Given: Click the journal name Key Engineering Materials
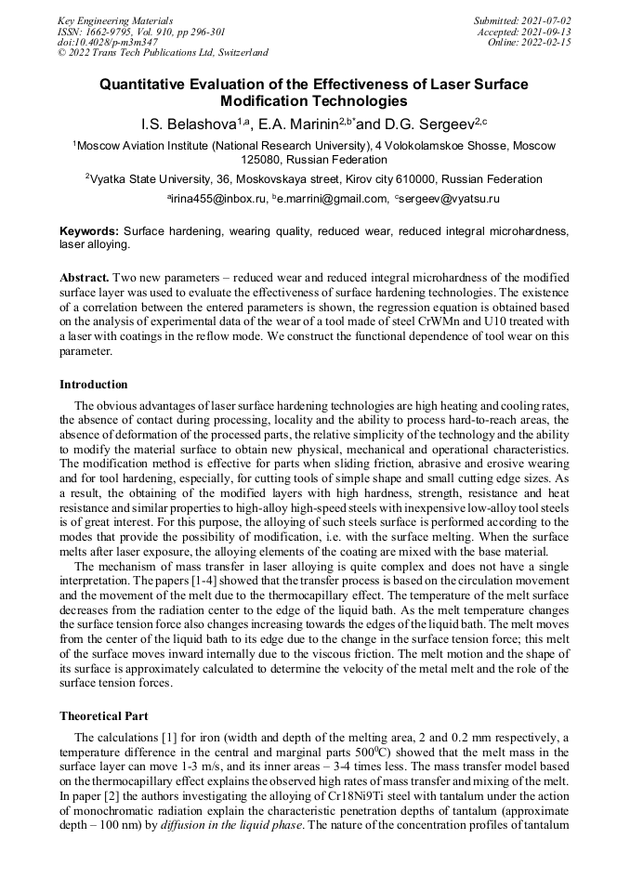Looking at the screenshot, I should pyautogui.click(x=115, y=20).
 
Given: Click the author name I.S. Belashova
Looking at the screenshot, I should pyautogui.click(x=181, y=124).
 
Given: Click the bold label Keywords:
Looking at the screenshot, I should pyautogui.click(x=89, y=230).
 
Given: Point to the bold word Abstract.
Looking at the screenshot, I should pyautogui.click(x=85, y=278).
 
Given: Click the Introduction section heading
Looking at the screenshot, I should pyautogui.click(x=94, y=384).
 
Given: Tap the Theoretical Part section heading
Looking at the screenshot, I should pyautogui.click(x=104, y=716).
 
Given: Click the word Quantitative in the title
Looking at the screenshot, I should pyautogui.click(x=149, y=85).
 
